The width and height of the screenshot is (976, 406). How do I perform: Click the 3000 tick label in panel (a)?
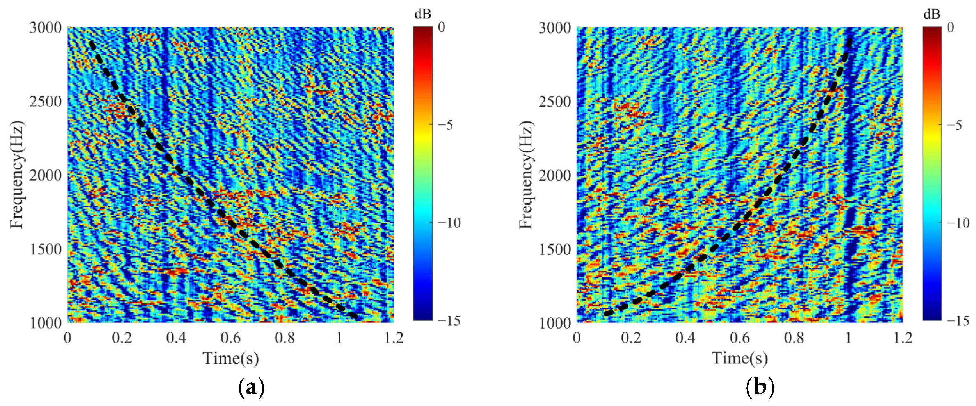click(x=45, y=27)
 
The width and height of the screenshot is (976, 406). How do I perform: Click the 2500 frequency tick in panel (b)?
click(x=555, y=102)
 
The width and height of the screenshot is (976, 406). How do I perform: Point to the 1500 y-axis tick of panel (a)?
click(x=45, y=249)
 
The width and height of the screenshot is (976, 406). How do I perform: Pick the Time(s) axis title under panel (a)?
click(x=230, y=358)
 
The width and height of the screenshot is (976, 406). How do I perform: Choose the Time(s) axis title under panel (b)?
click(x=740, y=358)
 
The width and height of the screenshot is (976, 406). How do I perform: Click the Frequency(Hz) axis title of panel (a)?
click(x=17, y=175)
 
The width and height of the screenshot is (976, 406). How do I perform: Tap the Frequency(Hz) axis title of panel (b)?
click(x=526, y=175)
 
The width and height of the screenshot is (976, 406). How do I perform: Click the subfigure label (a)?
click(x=251, y=388)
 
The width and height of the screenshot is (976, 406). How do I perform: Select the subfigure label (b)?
click(x=760, y=388)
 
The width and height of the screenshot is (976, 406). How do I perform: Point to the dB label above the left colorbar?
click(x=423, y=14)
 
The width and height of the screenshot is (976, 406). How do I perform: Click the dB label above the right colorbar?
click(x=932, y=14)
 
